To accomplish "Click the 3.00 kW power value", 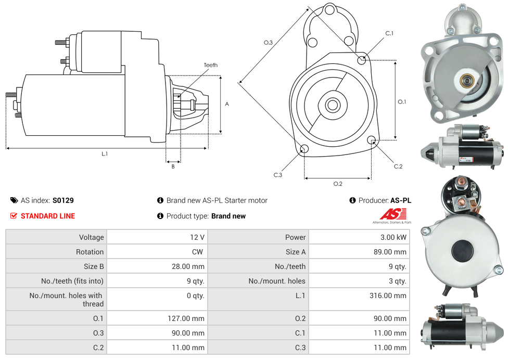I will tap(394, 237).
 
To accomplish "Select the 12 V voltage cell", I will tap(197, 237).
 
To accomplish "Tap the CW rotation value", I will tap(198, 252).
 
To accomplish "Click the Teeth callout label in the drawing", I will tap(210, 65).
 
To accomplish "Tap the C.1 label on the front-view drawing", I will tap(389, 33).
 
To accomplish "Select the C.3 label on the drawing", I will tap(277, 175).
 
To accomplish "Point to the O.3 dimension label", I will tap(268, 43).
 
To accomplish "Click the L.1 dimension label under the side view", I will tap(105, 153).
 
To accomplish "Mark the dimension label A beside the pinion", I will tap(227, 104).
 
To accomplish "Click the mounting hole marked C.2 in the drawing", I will tap(372, 140).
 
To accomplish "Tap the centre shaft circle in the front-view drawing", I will tap(332, 105).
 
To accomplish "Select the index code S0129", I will tap(63, 200).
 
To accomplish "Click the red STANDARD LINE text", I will tap(47, 216).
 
